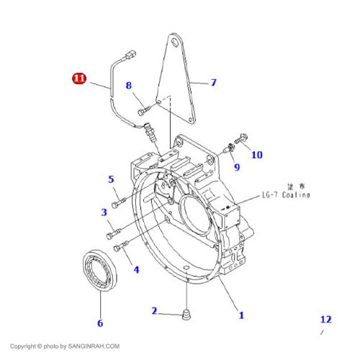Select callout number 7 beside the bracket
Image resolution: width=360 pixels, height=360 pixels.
coord(213,83)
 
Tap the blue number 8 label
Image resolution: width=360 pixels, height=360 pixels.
coord(129,86)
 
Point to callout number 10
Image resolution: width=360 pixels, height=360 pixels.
coord(257,154)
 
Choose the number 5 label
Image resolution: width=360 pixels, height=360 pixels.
coord(111,179)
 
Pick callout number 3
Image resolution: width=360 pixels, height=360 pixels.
coord(104,212)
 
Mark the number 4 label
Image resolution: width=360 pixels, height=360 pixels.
coord(136,270)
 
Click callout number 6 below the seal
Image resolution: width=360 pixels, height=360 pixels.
coord(99,323)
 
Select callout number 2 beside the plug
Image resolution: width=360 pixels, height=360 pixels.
coord(154,311)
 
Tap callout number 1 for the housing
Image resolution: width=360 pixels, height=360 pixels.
coord(241,315)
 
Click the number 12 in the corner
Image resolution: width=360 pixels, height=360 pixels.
coord(326,319)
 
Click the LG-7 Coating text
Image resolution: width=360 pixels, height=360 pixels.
coord(285,194)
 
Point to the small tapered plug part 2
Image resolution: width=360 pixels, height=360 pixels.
coord(186,315)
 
